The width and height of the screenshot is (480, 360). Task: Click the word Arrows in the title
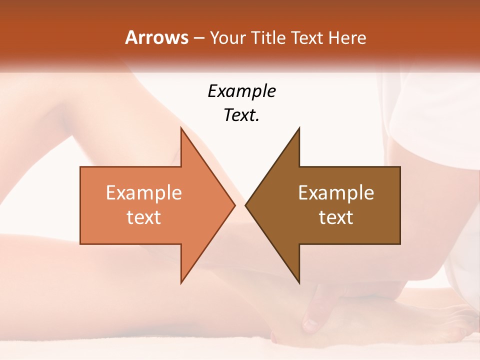click(x=156, y=37)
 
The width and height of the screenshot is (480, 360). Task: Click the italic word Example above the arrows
click(x=241, y=91)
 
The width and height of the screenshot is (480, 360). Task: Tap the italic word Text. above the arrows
click(x=241, y=115)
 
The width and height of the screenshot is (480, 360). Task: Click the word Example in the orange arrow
click(x=144, y=192)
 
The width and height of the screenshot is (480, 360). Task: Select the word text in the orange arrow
click(x=144, y=217)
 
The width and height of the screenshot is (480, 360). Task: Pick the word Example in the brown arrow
click(x=336, y=192)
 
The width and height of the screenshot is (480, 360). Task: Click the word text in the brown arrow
click(x=336, y=217)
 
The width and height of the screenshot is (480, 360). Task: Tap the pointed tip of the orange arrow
click(x=233, y=205)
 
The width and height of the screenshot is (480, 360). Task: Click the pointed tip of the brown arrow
click(x=247, y=205)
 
